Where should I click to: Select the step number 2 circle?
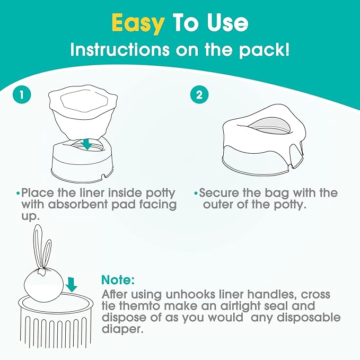coord(199,95)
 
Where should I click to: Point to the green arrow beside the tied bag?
coord(72,285)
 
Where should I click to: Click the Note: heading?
coord(118,279)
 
